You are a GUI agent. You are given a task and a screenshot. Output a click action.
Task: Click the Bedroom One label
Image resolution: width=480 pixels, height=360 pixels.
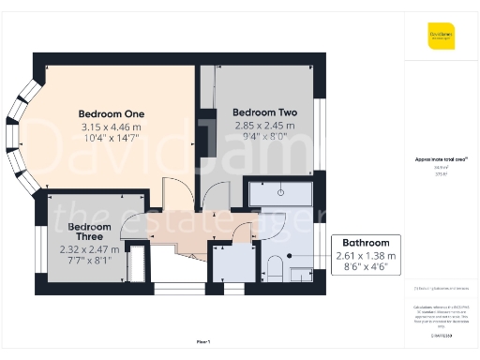(111, 114)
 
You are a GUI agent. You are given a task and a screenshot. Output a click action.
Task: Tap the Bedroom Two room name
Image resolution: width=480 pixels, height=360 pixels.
(264, 112)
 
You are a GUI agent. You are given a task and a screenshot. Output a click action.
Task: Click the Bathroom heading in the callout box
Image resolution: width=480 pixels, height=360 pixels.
(365, 242)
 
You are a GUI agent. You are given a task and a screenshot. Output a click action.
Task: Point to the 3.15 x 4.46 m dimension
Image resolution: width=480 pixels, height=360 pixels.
(111, 127)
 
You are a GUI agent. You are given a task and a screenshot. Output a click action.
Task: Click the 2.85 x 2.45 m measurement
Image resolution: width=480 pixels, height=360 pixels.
(264, 125)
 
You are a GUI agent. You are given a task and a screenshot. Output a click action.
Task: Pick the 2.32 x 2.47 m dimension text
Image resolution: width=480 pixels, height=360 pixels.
(91, 250)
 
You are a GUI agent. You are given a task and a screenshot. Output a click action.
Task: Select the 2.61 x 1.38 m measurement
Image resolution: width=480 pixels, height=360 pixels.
(365, 255)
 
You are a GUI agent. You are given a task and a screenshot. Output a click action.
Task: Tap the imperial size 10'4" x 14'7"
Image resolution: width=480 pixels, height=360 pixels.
(111, 138)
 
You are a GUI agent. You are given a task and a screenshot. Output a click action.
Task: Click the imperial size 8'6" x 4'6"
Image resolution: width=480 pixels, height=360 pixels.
(365, 266)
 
